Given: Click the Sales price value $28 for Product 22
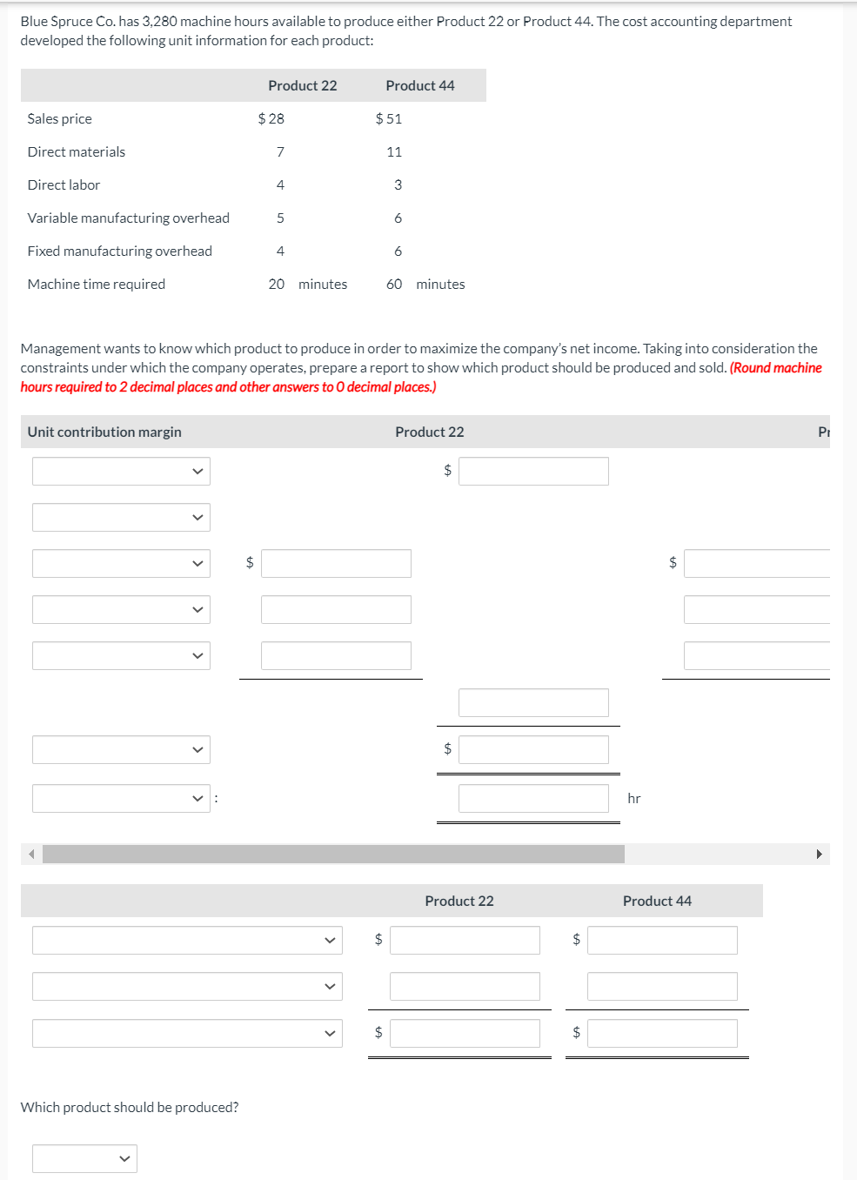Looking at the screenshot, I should (x=271, y=118).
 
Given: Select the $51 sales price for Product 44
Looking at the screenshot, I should (x=389, y=118).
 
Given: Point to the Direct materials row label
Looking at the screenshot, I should (x=77, y=151).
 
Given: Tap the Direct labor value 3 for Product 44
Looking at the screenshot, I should (x=398, y=184).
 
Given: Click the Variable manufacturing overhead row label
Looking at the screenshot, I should (x=129, y=218).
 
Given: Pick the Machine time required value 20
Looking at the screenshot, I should (x=277, y=284).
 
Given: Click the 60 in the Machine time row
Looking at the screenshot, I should (x=394, y=284).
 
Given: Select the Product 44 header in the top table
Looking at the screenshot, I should (x=420, y=85).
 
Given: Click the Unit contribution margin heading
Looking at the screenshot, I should (x=104, y=432).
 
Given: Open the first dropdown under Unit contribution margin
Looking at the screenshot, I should (x=121, y=471).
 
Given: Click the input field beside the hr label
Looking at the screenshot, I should (x=533, y=798).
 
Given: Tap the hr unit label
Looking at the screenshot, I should (x=634, y=798).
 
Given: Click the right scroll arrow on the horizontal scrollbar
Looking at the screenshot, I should (x=819, y=854).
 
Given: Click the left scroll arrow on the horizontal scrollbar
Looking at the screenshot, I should (x=32, y=854).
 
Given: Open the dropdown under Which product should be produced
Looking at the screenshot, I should (x=84, y=1158).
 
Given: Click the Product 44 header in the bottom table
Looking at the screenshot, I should (x=657, y=901).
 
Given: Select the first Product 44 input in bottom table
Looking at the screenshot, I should (x=662, y=940).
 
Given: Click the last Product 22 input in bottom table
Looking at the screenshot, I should (x=465, y=1033).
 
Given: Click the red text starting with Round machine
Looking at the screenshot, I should (x=775, y=367).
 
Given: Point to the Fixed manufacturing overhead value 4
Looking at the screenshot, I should (x=280, y=251).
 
